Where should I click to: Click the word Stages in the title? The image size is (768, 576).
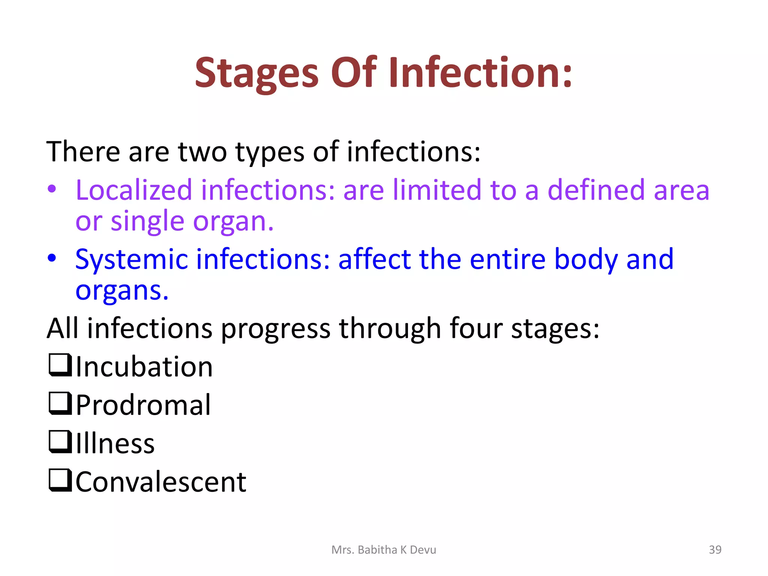pos(256,73)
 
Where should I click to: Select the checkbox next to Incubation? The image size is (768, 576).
pos(60,365)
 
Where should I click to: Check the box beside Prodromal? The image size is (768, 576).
pos(60,403)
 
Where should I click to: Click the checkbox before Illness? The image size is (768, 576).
pos(60,442)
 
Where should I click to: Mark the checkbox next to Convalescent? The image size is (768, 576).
pos(60,480)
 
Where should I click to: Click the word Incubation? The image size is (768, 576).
pos(144,367)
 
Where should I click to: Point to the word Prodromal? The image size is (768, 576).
pos(143,405)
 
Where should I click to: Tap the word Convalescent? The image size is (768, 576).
pos(161,482)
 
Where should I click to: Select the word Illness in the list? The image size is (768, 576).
pos(115,444)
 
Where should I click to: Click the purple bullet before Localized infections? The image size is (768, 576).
pos(52,189)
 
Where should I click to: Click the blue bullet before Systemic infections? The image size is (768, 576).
pos(52,258)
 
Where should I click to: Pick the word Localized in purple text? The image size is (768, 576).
pos(134,190)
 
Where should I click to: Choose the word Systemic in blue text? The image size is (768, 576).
pos(131,259)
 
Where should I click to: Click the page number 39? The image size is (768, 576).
pos(715,549)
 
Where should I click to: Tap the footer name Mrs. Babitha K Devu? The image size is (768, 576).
pos(384,550)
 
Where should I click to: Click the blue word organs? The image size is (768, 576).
pos(121,291)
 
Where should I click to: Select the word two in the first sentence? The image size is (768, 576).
pos(202,152)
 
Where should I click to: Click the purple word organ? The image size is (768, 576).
pos(229,222)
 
